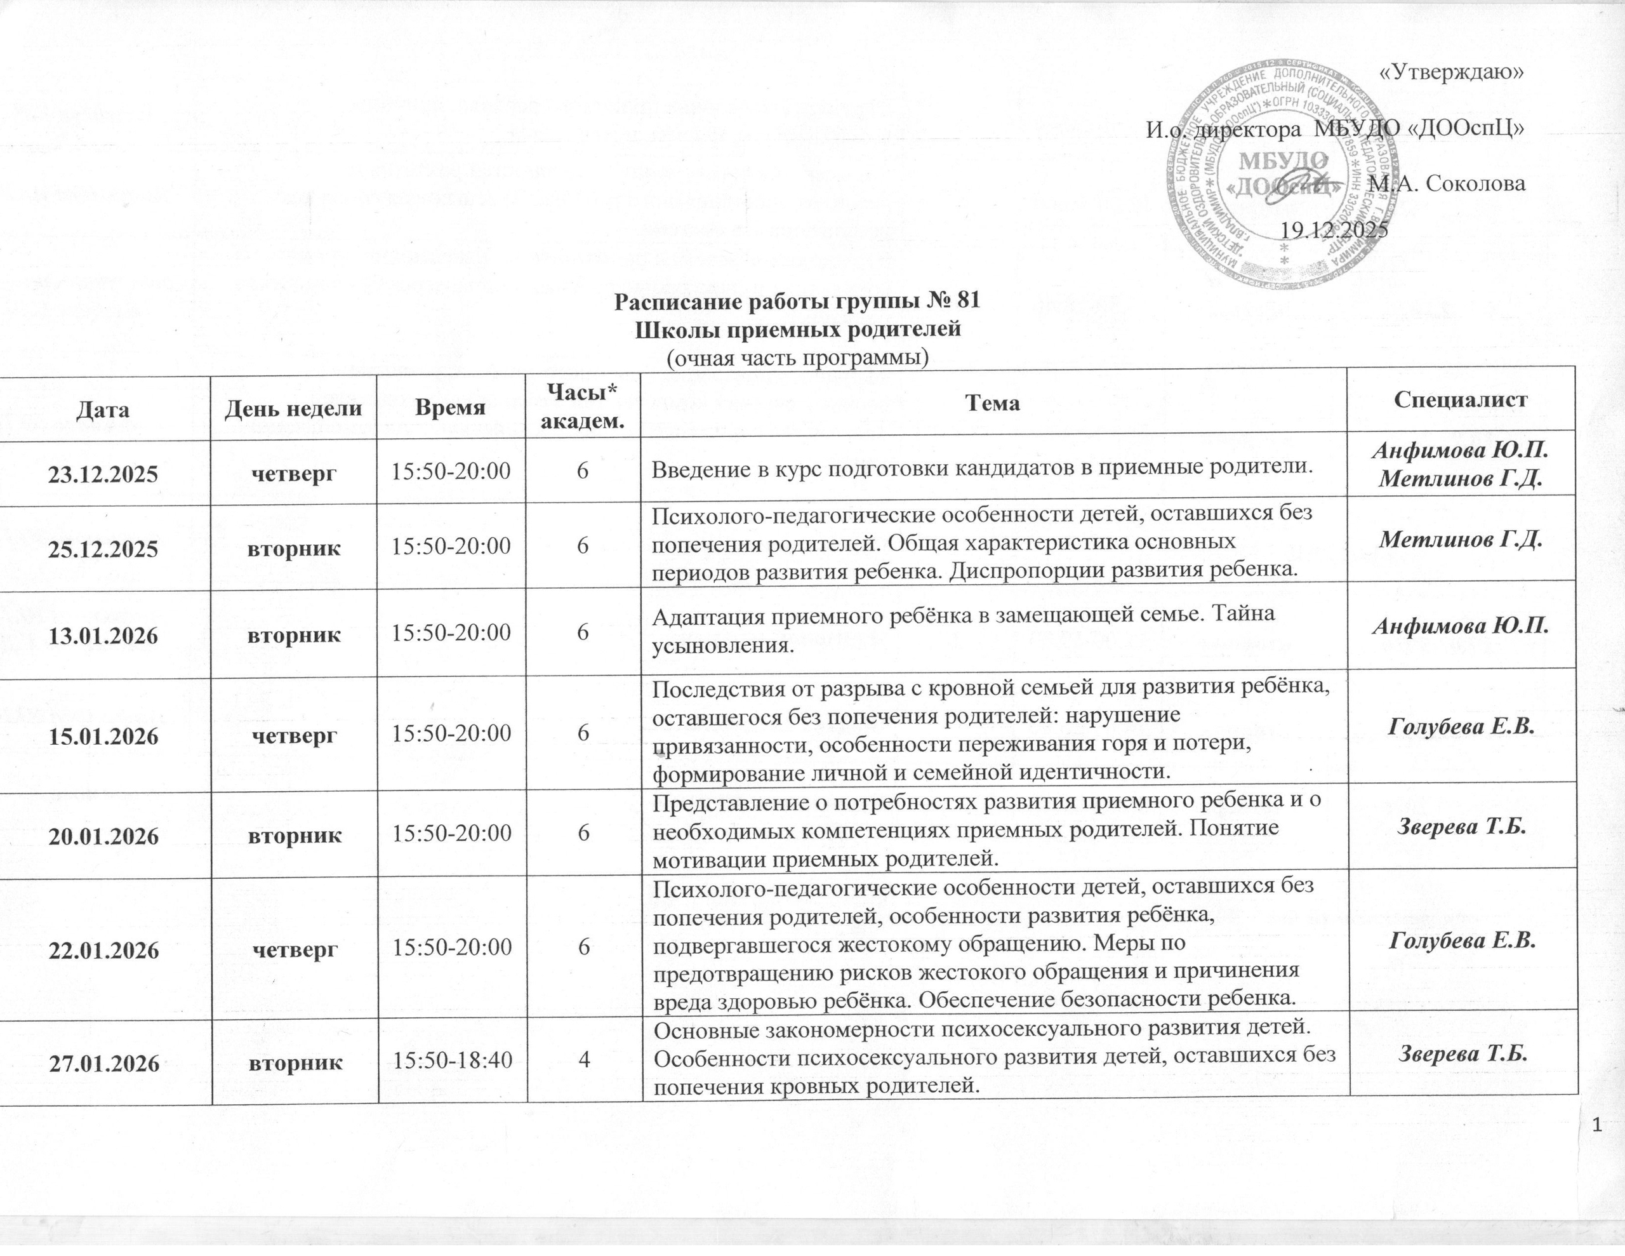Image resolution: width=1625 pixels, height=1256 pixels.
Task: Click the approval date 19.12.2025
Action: pos(1334,229)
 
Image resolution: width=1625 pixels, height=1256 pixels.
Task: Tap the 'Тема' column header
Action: pos(993,403)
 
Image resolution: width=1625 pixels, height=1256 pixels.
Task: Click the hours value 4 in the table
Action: pos(585,1062)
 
